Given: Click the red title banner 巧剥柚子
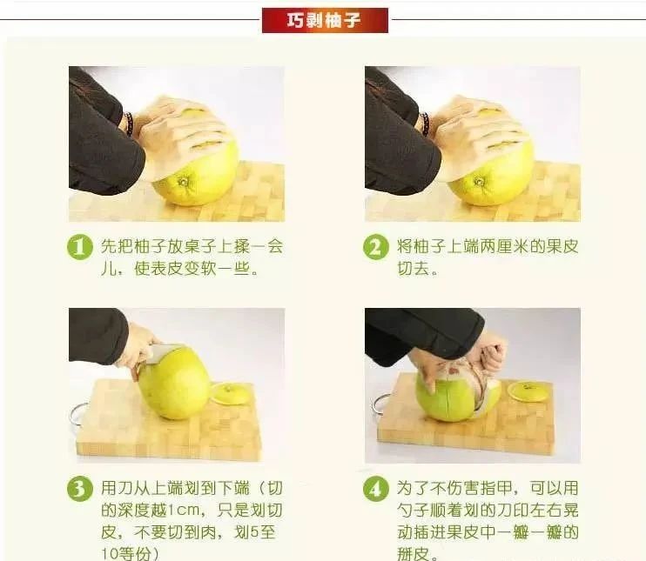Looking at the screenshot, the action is click(325, 20).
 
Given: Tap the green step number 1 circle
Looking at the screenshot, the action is click(80, 247).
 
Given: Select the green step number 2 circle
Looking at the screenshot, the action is click(376, 247).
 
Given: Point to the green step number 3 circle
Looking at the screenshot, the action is click(80, 489).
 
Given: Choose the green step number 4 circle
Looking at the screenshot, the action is click(376, 489).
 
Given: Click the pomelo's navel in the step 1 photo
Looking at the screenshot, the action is click(183, 181).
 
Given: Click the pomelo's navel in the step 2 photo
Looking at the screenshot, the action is click(479, 181).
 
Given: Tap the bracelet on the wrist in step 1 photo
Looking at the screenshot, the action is click(129, 124).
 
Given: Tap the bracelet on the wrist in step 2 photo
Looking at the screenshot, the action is click(425, 124).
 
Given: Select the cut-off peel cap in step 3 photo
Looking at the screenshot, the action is click(231, 393).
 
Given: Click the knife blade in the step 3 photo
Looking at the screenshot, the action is click(162, 354).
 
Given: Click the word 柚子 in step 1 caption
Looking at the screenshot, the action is click(150, 246).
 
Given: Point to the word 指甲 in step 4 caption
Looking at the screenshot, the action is click(496, 489).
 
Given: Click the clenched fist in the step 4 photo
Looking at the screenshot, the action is click(492, 350).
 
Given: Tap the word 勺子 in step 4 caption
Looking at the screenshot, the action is click(414, 511).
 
